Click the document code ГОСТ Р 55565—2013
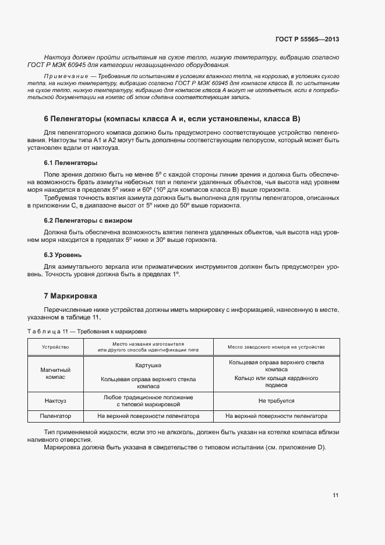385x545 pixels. point(307,40)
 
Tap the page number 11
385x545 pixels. point(335,495)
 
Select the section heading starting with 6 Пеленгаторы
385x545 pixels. point(172,119)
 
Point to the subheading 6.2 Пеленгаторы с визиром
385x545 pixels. point(88,221)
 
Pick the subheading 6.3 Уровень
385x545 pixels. point(63,255)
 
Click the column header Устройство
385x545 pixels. point(55,346)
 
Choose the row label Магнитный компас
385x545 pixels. point(55,374)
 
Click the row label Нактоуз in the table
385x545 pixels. point(55,401)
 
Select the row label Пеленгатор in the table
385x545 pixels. point(55,416)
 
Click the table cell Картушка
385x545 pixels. point(148,365)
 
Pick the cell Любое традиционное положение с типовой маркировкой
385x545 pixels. point(148,400)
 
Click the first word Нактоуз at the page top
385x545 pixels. point(58,57)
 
